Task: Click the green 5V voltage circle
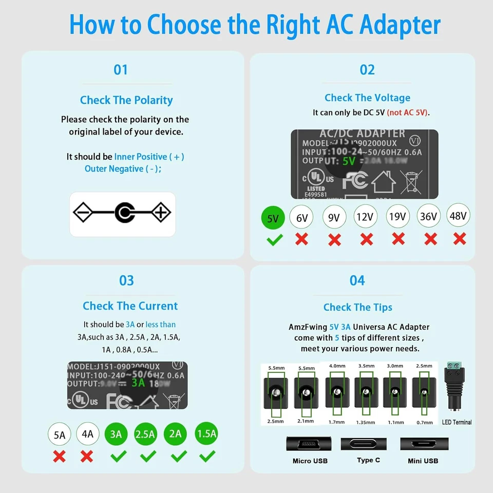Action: point(273,218)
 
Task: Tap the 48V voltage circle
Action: point(458,216)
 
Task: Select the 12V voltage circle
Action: point(365,217)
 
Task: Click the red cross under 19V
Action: point(398,238)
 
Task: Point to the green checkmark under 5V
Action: point(274,239)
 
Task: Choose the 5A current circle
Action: point(60,434)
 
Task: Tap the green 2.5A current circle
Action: point(146,434)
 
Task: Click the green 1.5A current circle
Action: point(206,433)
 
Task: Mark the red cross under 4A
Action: point(87,456)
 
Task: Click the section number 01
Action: point(121,70)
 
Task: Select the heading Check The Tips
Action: point(357,307)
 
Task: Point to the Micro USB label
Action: point(310,461)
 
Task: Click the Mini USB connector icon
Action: point(424,444)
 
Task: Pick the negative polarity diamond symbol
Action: point(83,213)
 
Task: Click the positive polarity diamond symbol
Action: point(161,213)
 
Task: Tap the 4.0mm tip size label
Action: point(337,366)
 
